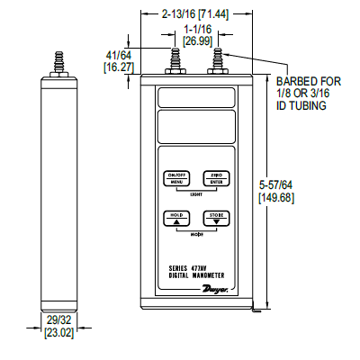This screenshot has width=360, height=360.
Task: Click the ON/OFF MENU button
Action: pyautogui.click(x=175, y=178)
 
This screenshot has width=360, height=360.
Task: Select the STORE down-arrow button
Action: pyautogui.click(x=215, y=219)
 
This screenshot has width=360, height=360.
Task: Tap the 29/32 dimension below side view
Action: pyautogui.click(x=58, y=322)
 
